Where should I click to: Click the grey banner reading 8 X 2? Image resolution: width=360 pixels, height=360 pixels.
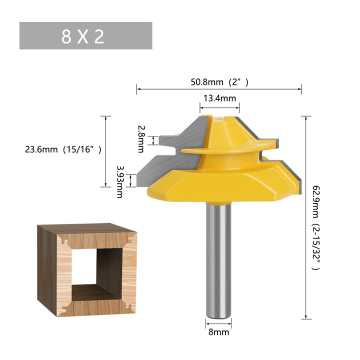(85, 35)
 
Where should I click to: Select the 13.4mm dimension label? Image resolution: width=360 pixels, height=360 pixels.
(219, 98)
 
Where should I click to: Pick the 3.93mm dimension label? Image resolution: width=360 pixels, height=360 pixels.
(119, 181)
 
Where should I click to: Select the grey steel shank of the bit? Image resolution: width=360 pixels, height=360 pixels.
(219, 260)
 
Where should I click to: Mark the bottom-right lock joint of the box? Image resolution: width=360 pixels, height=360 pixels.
(129, 305)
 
